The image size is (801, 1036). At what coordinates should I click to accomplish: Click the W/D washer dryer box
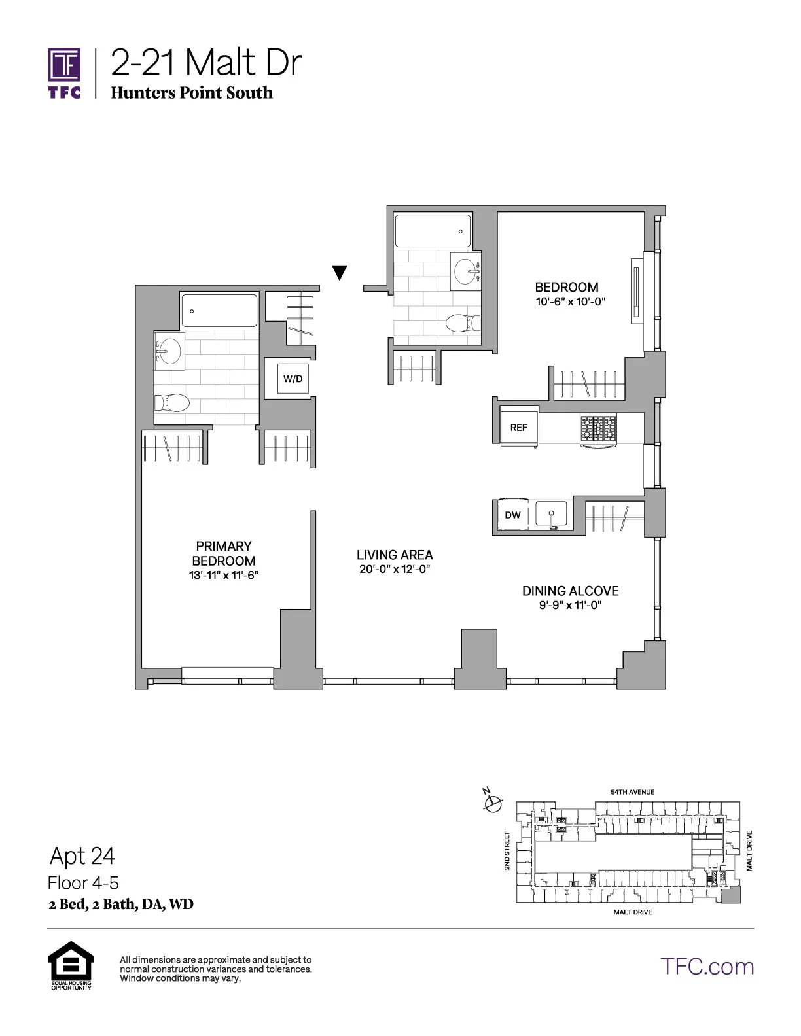point(293,379)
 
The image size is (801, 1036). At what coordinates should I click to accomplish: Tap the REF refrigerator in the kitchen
point(518,427)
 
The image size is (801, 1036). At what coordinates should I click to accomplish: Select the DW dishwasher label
point(512,515)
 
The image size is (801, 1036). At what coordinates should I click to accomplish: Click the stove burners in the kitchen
point(598,428)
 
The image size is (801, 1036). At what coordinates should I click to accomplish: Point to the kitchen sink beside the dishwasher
point(551,513)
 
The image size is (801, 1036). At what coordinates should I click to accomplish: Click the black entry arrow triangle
point(339,272)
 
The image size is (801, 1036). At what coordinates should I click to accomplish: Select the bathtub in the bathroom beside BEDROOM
point(433,231)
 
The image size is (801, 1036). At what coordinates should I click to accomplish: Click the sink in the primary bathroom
point(169,351)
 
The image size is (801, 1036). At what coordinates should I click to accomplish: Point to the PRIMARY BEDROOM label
point(224,553)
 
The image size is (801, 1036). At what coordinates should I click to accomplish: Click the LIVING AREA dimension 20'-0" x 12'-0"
point(395,569)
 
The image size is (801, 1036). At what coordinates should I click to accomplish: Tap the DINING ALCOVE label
point(570,591)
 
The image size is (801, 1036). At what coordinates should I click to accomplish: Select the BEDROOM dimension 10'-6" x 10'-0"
point(567,302)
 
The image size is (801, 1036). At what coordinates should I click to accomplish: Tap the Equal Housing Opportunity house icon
point(71,961)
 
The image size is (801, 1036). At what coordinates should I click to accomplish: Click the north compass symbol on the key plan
point(492,802)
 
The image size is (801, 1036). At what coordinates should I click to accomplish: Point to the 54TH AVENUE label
point(632,792)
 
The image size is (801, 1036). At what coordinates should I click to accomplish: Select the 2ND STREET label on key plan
point(507,850)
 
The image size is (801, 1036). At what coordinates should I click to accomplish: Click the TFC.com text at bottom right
point(707,966)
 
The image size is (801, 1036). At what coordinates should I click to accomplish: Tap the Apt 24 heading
point(82,855)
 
